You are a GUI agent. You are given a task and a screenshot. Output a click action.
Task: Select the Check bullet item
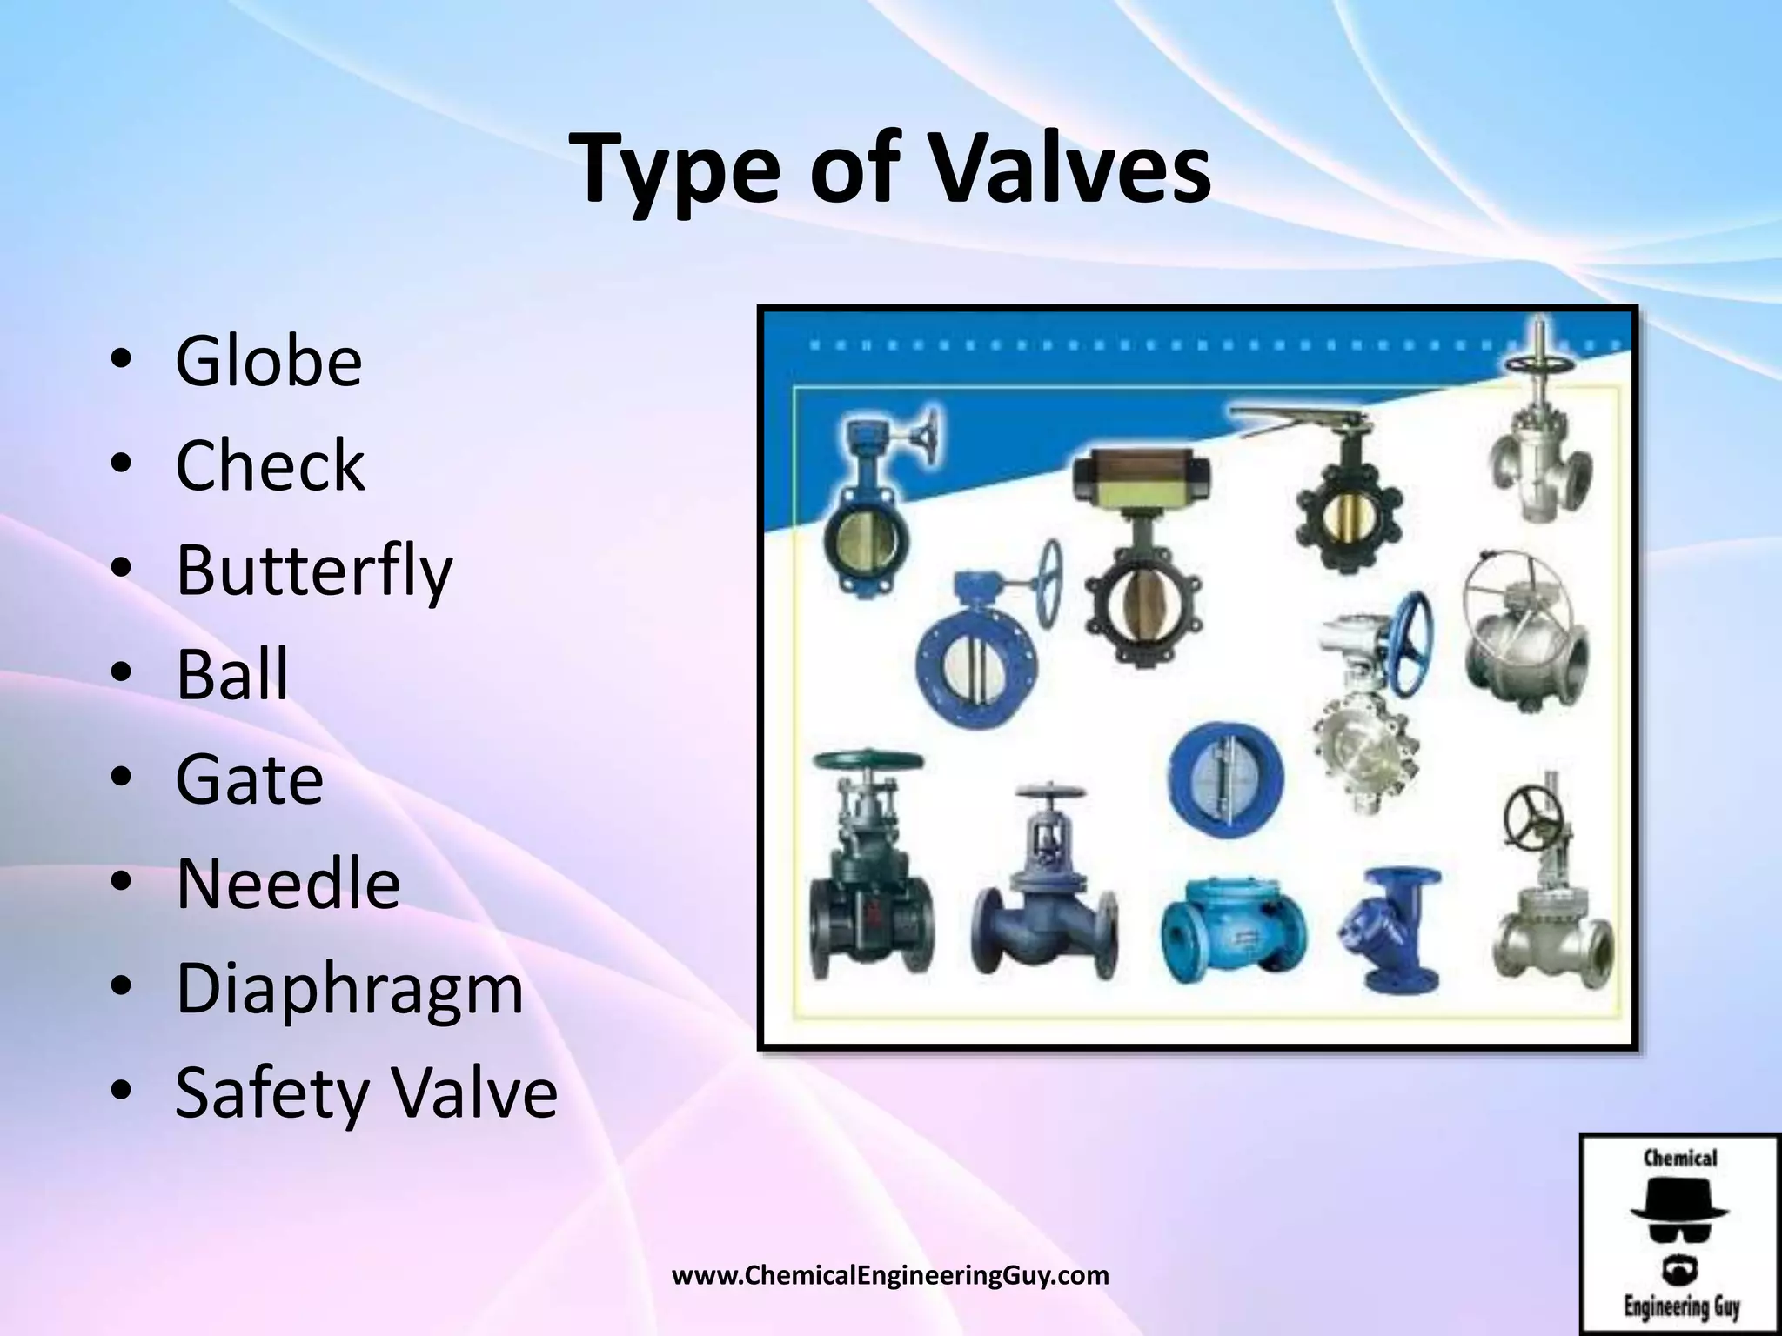click(270, 465)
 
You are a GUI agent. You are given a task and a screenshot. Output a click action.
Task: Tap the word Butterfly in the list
click(313, 571)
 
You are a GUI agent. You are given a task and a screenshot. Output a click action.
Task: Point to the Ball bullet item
click(232, 674)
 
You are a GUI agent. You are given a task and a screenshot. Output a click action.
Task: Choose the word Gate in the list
click(250, 778)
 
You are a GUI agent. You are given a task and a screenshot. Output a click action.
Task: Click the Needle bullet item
click(288, 884)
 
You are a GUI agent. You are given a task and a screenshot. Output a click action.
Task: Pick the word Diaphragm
click(350, 989)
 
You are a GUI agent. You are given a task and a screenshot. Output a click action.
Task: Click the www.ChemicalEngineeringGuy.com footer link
click(891, 1277)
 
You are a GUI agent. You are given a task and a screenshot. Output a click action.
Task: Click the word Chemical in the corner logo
click(1680, 1159)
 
